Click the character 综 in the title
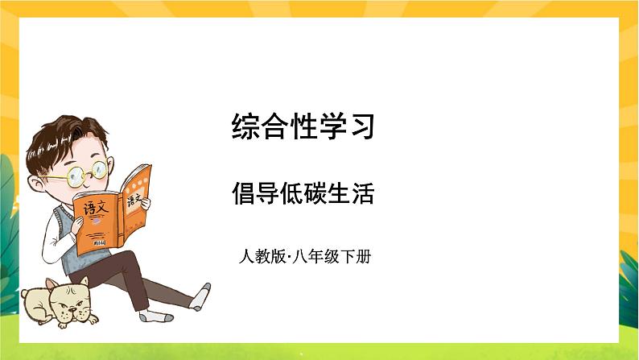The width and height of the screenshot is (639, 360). coord(245,126)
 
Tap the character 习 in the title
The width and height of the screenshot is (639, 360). coord(363,126)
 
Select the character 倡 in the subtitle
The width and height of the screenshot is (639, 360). coord(245,193)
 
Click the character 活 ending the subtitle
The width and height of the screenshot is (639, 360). coord(363,193)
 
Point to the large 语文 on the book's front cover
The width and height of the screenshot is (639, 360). coord(94,207)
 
